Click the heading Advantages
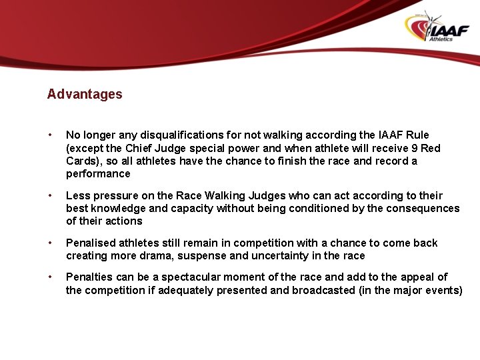click(85, 94)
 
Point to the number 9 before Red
click(414, 148)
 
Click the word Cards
click(81, 161)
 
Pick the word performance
click(98, 174)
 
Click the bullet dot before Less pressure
click(51, 195)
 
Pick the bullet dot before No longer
click(51, 135)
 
